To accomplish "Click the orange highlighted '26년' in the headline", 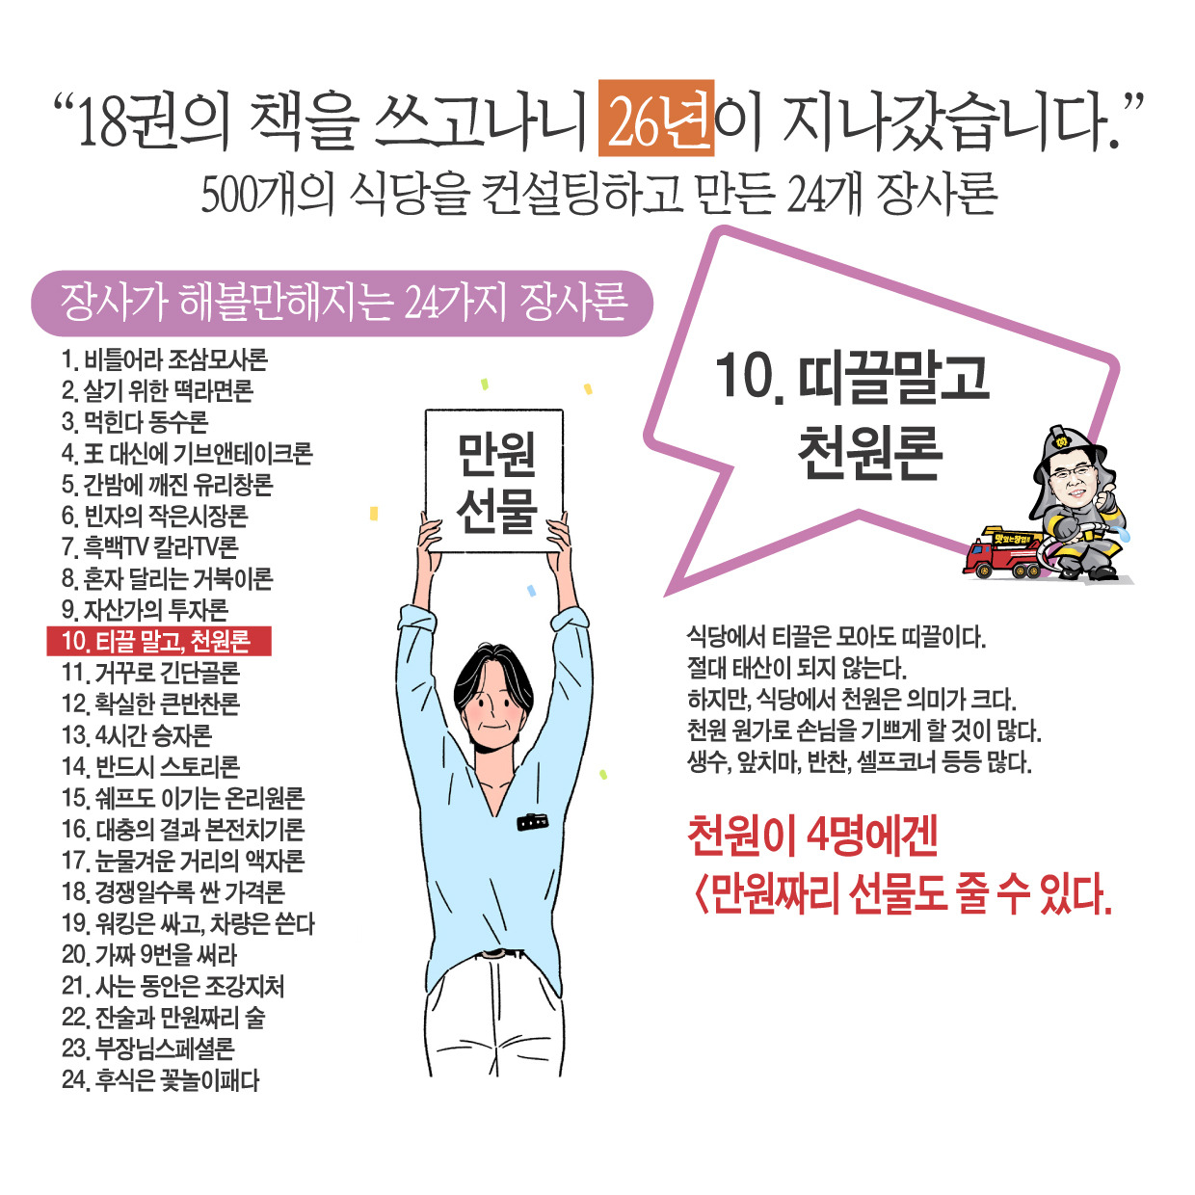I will point(656,119).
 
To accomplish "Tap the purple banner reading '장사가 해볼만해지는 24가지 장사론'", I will point(342,303).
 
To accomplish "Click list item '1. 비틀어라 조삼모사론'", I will point(164,360).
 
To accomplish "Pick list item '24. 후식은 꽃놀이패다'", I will point(161,1079).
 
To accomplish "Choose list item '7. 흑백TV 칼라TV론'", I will point(149,547).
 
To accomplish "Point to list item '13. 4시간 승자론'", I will point(137,735).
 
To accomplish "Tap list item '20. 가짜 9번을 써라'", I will point(149,955).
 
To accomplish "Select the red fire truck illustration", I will point(1002,553).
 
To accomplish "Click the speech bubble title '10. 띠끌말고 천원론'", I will point(853,414).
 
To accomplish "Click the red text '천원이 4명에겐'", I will point(812,835).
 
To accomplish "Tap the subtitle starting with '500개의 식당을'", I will point(597,194).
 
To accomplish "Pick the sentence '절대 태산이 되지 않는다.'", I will point(796,668).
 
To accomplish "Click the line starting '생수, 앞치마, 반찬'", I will point(859,762).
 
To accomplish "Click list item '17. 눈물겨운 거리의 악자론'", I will point(183,861).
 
